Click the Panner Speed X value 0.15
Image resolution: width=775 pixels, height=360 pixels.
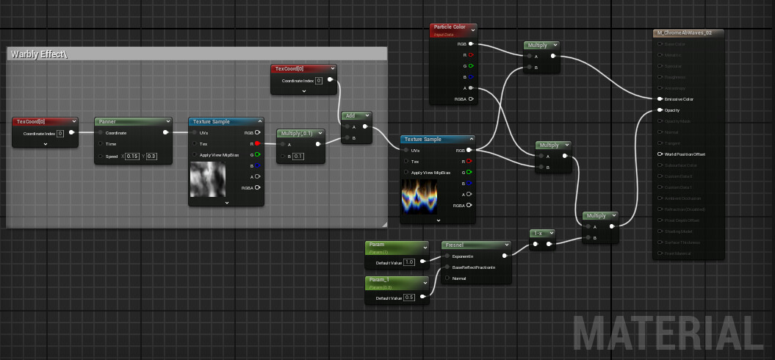tap(132, 156)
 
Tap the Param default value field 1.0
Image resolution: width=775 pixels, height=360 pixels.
tap(409, 262)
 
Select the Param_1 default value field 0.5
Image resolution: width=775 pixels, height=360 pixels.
tap(409, 297)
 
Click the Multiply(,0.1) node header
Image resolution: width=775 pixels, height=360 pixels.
tap(297, 134)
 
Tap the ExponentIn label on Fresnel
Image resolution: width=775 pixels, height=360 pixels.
tap(464, 256)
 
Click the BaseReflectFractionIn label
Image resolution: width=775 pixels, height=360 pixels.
tap(474, 267)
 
